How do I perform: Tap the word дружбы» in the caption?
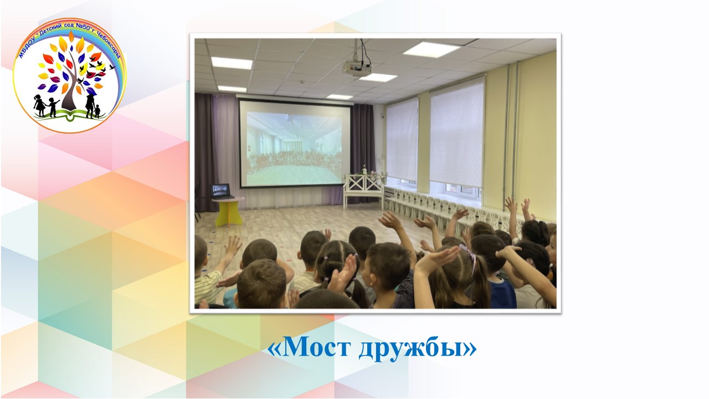[x=418, y=350]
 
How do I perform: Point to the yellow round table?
[x=228, y=210]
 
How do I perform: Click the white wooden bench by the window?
[x=363, y=190]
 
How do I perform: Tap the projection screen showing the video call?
[x=294, y=144]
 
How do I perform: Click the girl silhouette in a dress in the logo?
[x=40, y=105]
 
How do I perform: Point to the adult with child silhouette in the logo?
[x=93, y=106]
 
